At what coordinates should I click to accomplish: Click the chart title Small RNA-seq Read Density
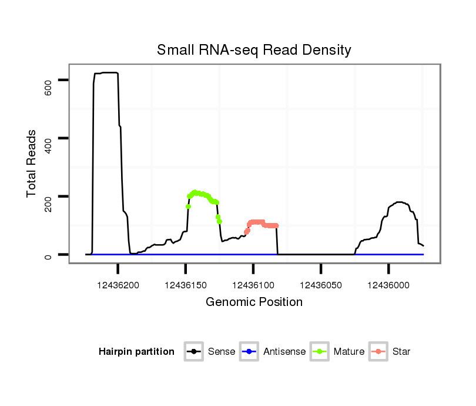(x=254, y=50)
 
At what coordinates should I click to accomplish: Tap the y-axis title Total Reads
(x=32, y=164)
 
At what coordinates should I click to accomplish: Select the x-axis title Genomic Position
(x=254, y=302)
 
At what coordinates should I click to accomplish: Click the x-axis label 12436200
(x=118, y=285)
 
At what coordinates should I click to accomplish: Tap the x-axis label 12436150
(x=186, y=285)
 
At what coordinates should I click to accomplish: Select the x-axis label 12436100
(x=253, y=285)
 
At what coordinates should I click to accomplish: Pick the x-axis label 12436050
(x=321, y=285)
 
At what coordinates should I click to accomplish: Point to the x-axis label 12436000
(x=388, y=285)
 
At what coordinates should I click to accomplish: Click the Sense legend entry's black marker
(x=193, y=352)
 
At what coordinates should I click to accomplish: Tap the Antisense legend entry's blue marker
(x=249, y=352)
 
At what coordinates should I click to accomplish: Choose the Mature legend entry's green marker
(x=319, y=352)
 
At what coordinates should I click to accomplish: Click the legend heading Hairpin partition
(x=136, y=352)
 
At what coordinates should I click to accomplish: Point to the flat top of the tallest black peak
(x=106, y=73)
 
